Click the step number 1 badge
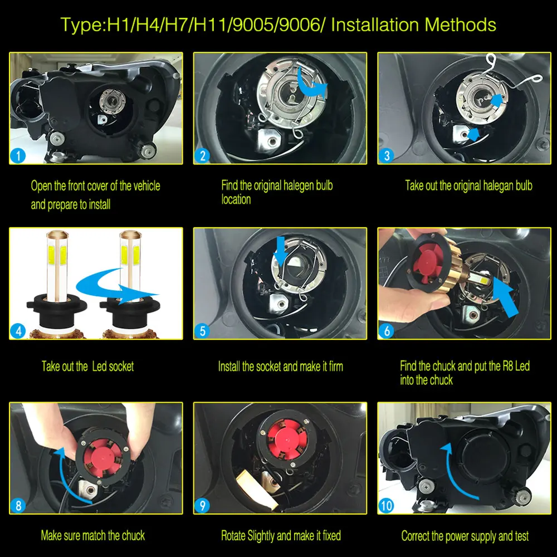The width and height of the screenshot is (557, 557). pyautogui.click(x=18, y=155)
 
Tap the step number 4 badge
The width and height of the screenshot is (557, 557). pyautogui.click(x=18, y=331)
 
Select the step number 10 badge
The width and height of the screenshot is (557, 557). pyautogui.click(x=387, y=506)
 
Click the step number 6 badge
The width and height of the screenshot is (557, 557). pyautogui.click(x=387, y=331)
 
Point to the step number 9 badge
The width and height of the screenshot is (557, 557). pyautogui.click(x=203, y=506)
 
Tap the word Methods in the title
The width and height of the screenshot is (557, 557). pyautogui.click(x=461, y=25)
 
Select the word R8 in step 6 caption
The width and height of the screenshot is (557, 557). pyautogui.click(x=509, y=366)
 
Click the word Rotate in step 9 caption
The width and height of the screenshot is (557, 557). pyautogui.click(x=233, y=535)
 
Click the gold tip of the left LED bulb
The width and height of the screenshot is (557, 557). pyautogui.click(x=57, y=236)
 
